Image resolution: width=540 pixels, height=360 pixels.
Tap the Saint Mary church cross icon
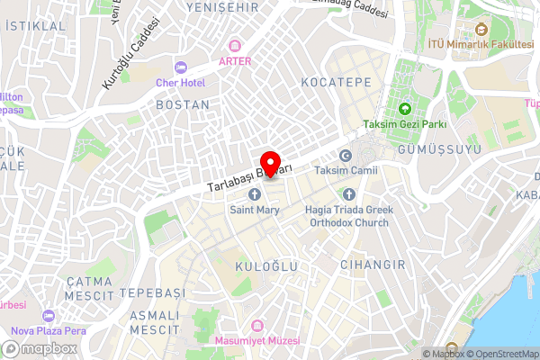pyautogui.click(x=255, y=194)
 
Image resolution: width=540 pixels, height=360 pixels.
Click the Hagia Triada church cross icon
pyautogui.click(x=349, y=194)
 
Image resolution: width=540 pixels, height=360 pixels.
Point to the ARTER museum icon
pyautogui.click(x=236, y=45)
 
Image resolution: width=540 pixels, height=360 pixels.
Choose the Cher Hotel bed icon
pyautogui.click(x=181, y=66)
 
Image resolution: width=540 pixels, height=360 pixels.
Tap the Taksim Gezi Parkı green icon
pyautogui.click(x=405, y=108)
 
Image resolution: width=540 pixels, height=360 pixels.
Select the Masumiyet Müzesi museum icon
pyautogui.click(x=257, y=325)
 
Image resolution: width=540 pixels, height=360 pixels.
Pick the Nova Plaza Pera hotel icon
pyautogui.click(x=47, y=316)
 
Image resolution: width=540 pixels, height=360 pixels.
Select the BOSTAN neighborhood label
pyautogui.click(x=183, y=104)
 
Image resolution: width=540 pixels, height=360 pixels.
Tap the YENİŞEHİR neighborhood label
pyautogui.click(x=217, y=7)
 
